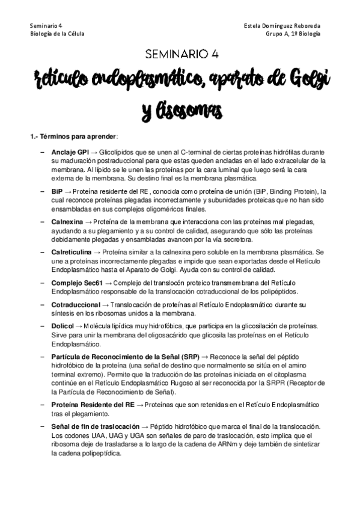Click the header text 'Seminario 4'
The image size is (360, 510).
click(44, 26)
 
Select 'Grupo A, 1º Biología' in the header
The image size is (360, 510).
click(293, 34)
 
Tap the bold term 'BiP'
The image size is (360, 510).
click(57, 189)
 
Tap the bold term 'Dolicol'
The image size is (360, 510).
click(62, 325)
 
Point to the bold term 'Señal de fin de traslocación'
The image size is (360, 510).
click(95, 426)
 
